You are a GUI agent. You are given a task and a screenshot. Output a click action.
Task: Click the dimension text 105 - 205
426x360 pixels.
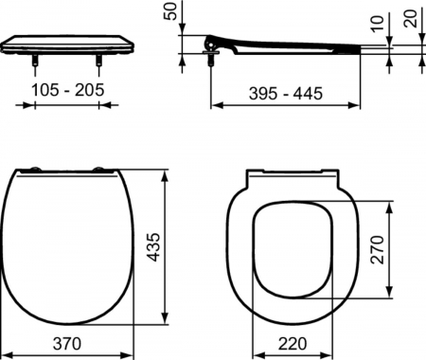click(x=69, y=89)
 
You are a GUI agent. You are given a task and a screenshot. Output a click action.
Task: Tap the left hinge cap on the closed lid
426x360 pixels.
click(x=35, y=171)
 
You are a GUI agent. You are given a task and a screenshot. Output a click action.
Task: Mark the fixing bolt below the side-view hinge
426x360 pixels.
click(x=209, y=59)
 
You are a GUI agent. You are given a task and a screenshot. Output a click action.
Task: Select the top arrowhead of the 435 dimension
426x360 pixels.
click(x=167, y=174)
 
